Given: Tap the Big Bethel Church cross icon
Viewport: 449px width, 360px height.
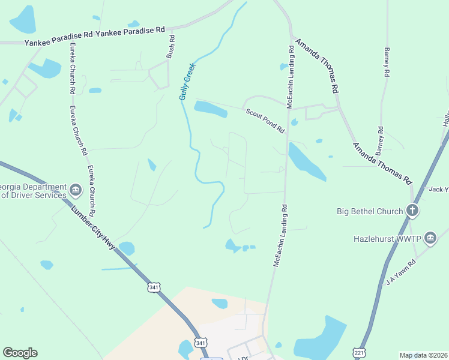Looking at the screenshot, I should click(412, 211).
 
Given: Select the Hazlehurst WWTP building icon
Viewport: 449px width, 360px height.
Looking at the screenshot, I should click(430, 238).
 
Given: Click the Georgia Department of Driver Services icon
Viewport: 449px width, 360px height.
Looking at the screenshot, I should click(76, 191).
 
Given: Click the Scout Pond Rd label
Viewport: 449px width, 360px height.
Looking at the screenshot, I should click(264, 120).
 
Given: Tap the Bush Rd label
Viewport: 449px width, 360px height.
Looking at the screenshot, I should click(172, 47).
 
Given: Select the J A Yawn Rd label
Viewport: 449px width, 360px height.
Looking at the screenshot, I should click(401, 272).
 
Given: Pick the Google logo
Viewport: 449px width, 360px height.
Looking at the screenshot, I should click(20, 353).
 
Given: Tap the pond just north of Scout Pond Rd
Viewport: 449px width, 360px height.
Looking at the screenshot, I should click(210, 109).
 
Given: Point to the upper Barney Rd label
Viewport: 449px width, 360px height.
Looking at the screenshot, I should click(387, 62).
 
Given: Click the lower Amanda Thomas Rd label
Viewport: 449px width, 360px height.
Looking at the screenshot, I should click(383, 163).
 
